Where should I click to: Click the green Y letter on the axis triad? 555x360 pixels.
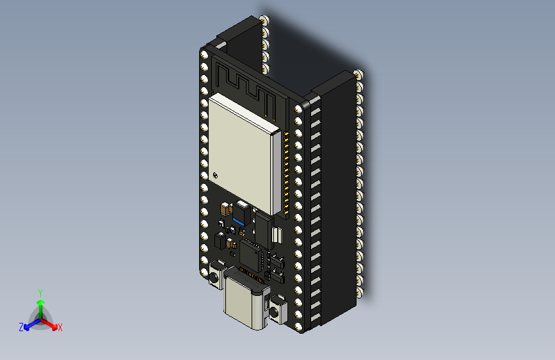(40, 291)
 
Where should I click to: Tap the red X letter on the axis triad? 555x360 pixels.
(60, 327)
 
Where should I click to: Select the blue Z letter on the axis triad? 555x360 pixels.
(21, 327)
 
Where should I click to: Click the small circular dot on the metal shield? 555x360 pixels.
(215, 174)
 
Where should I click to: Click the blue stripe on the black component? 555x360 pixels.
(238, 221)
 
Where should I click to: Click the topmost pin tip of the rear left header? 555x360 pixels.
(264, 20)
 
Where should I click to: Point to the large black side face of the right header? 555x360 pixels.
(336, 192)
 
